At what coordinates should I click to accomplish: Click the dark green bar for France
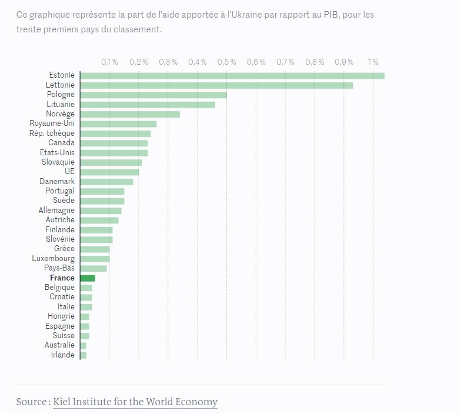click(x=88, y=278)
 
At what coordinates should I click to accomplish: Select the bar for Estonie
click(x=232, y=75)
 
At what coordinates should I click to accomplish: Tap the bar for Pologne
click(x=153, y=95)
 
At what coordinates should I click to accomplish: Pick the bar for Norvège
click(x=129, y=114)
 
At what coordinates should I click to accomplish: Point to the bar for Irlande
click(x=83, y=355)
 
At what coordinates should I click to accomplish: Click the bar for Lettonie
click(x=216, y=85)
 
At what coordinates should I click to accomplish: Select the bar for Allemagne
click(x=101, y=211)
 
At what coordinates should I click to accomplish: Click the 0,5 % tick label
click(x=226, y=62)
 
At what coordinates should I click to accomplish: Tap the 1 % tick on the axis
click(x=373, y=62)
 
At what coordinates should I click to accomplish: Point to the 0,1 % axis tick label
click(x=109, y=62)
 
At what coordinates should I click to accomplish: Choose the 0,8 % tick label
click(x=315, y=62)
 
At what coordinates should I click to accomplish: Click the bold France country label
click(x=62, y=278)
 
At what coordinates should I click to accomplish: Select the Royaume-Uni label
click(x=52, y=123)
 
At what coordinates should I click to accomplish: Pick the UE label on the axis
click(x=69, y=172)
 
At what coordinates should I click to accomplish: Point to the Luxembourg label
click(x=54, y=259)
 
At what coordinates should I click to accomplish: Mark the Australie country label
click(x=59, y=345)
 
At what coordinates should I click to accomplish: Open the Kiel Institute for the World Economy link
click(x=135, y=402)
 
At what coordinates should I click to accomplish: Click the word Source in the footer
click(x=31, y=402)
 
